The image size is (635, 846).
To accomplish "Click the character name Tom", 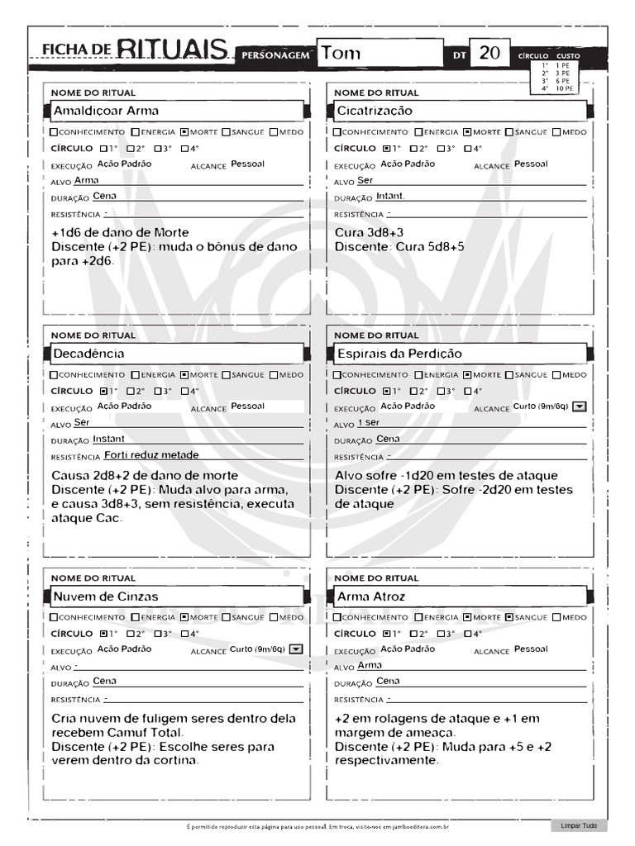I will [341, 54].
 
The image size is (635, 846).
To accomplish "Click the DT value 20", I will [489, 54].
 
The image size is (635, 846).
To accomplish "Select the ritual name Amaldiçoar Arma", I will [106, 111].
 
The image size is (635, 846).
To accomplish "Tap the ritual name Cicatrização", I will [375, 111].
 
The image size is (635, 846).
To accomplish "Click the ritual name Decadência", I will [88, 354].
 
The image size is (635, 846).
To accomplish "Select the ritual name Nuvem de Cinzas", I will [106, 596].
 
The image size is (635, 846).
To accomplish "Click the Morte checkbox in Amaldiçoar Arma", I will [184, 132].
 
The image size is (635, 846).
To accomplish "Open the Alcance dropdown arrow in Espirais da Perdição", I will [580, 406].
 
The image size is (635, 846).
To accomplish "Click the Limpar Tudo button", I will [579, 825].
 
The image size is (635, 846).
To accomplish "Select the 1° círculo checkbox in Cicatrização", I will [386, 149].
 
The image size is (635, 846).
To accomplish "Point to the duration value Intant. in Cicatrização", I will [390, 197].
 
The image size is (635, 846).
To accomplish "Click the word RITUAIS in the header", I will [172, 50].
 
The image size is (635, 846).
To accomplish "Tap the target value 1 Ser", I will [369, 423].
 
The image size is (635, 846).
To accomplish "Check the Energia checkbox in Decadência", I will [136, 375].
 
